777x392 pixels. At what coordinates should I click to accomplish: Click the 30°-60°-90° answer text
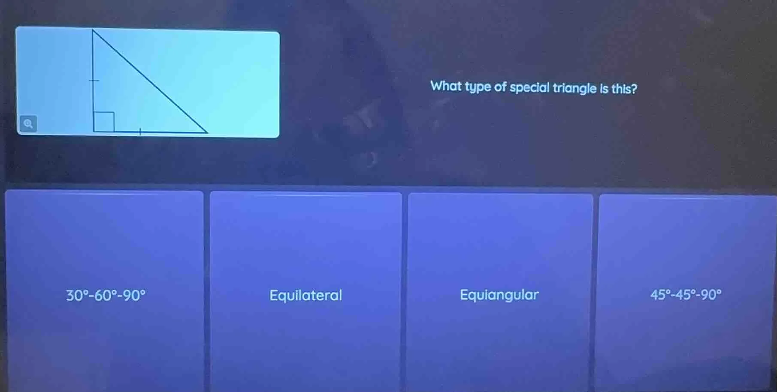[106, 295]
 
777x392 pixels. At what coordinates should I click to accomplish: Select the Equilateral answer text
[305, 295]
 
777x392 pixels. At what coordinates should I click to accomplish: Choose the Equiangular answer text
[499, 295]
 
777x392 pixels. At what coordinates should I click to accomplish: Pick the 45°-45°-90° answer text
[686, 294]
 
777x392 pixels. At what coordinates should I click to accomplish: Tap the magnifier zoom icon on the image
[28, 124]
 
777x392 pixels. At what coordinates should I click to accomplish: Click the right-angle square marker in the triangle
[104, 122]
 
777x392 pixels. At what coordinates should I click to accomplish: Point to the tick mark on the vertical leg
[94, 80]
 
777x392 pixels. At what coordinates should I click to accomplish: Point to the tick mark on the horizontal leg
[140, 132]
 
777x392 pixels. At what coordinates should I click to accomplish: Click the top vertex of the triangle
[93, 30]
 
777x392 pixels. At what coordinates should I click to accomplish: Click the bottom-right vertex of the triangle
[207, 133]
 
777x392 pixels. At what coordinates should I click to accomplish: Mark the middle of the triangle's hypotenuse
[150, 81]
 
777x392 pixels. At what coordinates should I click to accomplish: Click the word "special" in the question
[529, 88]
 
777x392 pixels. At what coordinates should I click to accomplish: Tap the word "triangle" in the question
[574, 88]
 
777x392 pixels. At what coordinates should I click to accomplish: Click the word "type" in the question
[478, 87]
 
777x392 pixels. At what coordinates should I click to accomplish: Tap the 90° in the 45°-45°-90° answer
[711, 294]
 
